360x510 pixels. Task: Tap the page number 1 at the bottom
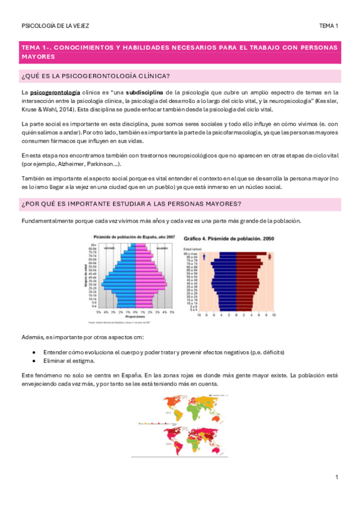click(337, 477)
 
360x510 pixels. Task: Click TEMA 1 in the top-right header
click(329, 26)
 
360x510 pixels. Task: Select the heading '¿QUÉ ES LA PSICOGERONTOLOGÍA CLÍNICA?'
click(96, 75)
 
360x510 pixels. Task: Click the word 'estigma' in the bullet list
click(84, 360)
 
